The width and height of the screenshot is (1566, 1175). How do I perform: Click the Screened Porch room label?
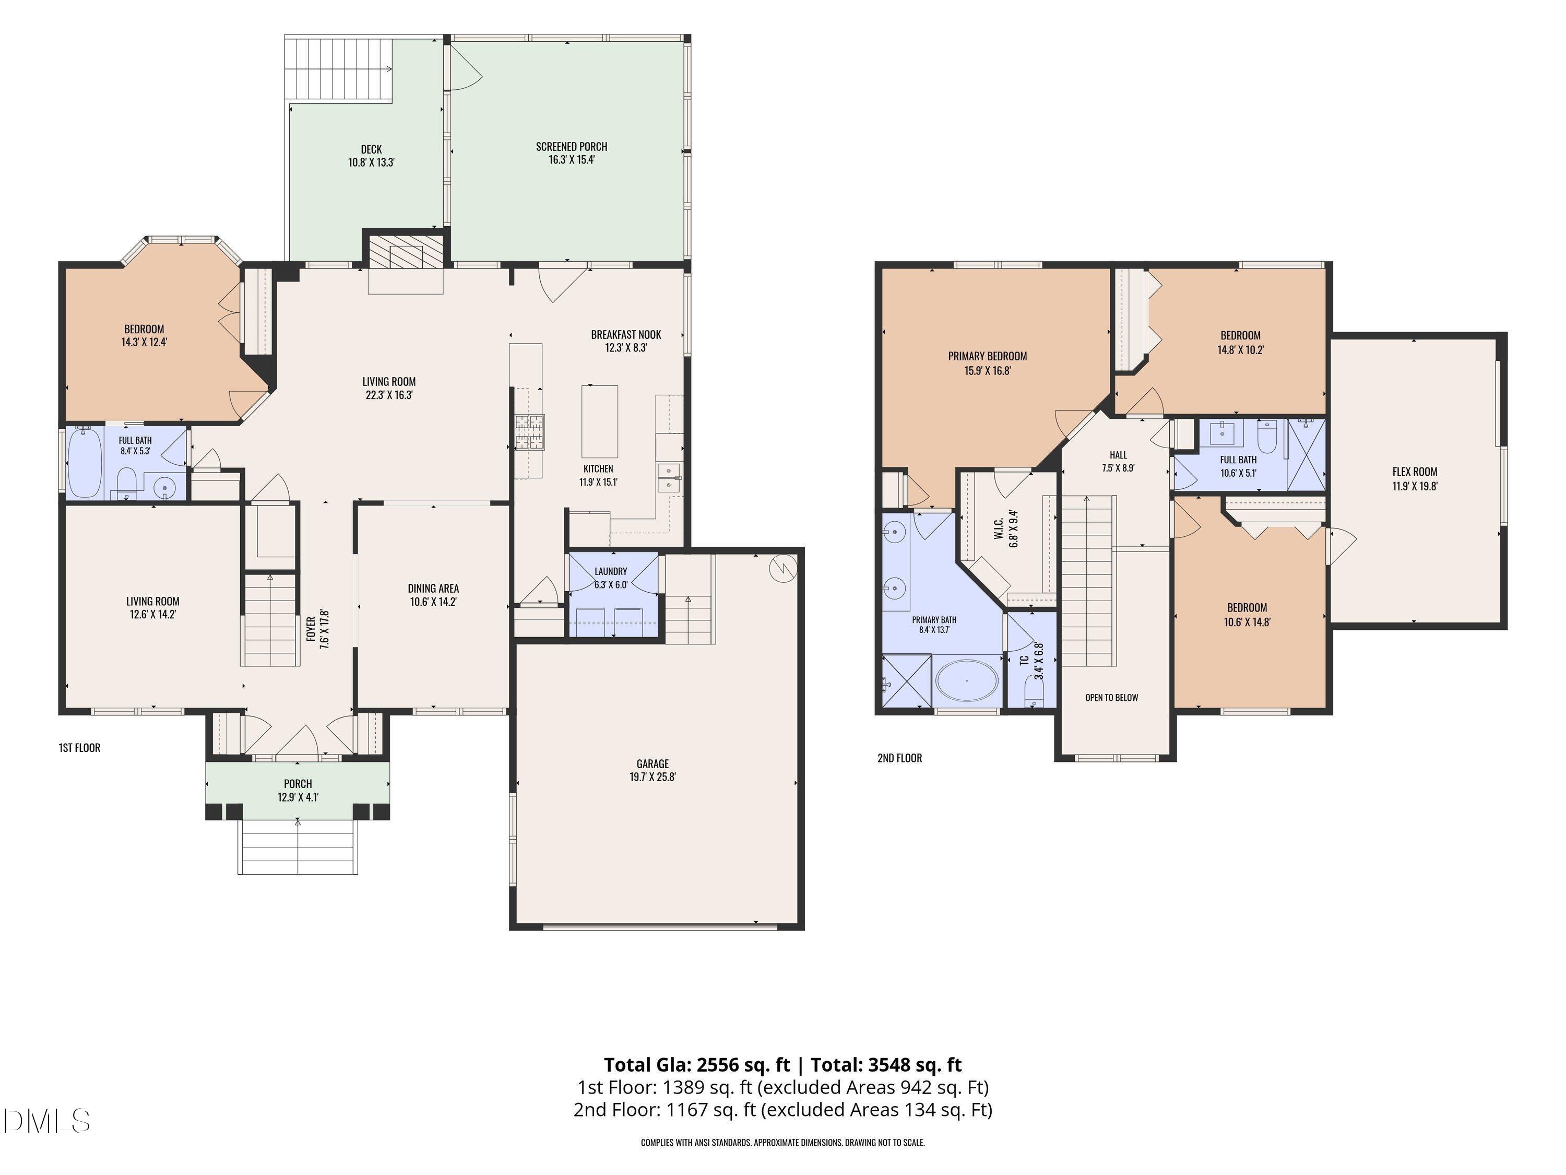(571, 147)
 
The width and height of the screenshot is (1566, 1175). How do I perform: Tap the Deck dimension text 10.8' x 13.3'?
(371, 162)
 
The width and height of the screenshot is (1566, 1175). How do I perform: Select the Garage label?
(652, 763)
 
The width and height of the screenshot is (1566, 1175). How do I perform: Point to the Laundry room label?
(611, 571)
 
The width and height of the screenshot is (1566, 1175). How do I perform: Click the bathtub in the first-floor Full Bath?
(85, 463)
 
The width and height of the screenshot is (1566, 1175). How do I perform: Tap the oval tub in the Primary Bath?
(967, 680)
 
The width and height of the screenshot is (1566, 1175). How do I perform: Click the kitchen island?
(600, 421)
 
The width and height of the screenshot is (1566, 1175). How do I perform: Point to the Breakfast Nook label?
(626, 334)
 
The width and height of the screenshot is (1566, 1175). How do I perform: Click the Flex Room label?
(1415, 472)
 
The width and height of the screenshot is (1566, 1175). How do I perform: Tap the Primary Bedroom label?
(988, 356)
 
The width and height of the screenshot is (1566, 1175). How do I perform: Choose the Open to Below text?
(1111, 698)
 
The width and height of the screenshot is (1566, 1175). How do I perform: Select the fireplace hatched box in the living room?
(406, 251)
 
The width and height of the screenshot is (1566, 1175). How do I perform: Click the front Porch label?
(298, 784)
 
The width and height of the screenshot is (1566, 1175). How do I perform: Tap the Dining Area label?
(433, 589)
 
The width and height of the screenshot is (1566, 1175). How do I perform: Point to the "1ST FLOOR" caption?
(79, 748)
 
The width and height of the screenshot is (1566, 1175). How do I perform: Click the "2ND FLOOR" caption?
(900, 758)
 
